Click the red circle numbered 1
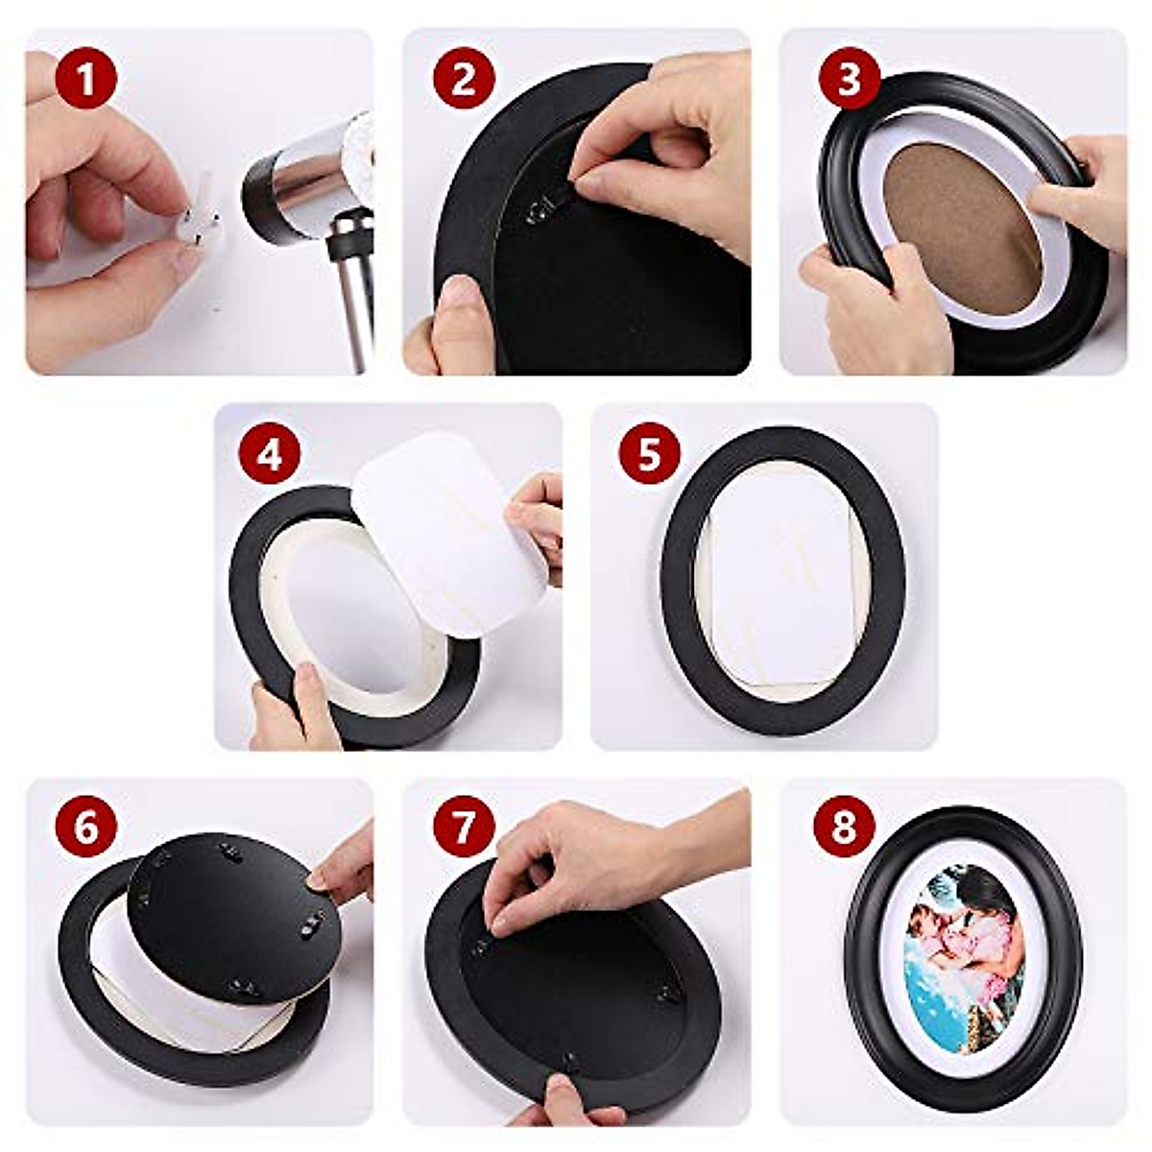click(85, 78)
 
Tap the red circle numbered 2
click(464, 78)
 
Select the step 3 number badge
click(849, 78)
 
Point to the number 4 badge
click(270, 453)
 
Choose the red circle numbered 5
click(649, 453)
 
